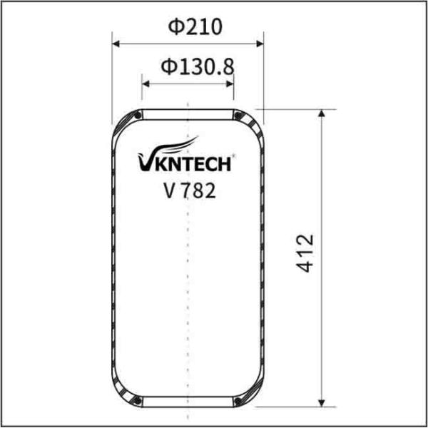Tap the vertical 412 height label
[x=306, y=253]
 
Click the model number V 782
[x=188, y=191]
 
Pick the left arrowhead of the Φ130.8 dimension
[x=146, y=83]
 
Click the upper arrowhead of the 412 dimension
[x=325, y=113]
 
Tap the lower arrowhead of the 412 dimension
[x=325, y=402]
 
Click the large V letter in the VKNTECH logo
[x=144, y=163]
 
